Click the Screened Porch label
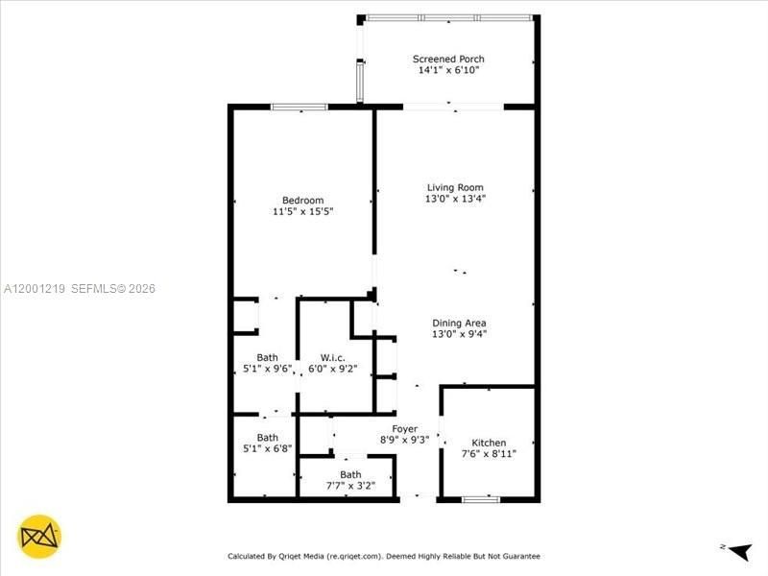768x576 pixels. [448, 59]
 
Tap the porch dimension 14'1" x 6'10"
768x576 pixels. [448, 70]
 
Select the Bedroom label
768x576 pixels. [302, 200]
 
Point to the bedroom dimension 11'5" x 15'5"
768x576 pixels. [302, 211]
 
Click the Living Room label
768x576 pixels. [455, 187]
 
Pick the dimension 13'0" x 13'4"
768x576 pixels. [455, 199]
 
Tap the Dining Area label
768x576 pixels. [459, 324]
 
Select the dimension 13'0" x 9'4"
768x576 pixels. [459, 335]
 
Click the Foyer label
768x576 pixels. [404, 428]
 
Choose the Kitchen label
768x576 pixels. [489, 443]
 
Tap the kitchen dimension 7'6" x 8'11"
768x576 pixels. [489, 454]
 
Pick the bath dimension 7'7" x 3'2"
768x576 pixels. [350, 486]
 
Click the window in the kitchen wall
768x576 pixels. [480, 498]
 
